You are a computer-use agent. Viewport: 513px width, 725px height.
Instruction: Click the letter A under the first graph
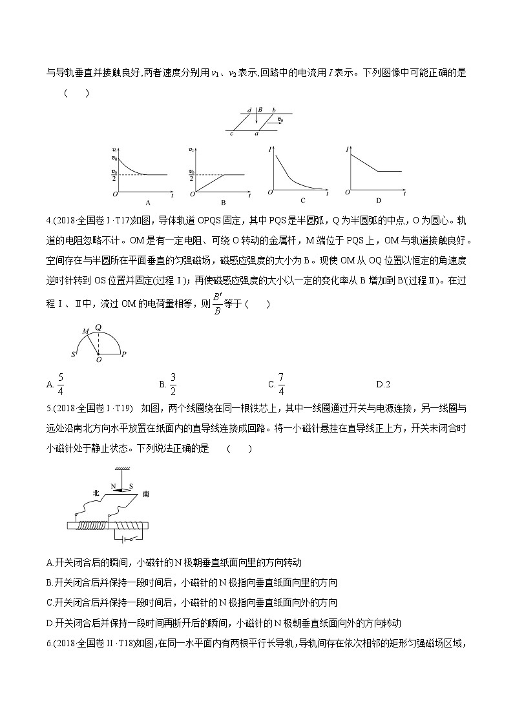click(x=148, y=201)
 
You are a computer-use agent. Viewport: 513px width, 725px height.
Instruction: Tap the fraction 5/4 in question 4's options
click(x=60, y=383)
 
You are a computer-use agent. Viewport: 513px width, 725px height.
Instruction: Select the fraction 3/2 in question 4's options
click(x=173, y=383)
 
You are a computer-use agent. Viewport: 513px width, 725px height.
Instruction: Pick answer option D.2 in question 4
click(x=383, y=385)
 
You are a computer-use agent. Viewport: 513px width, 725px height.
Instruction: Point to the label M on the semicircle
click(x=84, y=331)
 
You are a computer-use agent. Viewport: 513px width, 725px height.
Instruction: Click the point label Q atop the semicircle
click(x=98, y=327)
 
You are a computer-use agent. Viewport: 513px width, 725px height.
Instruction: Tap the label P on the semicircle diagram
click(x=123, y=354)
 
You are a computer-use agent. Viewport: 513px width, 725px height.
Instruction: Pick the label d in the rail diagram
click(x=249, y=110)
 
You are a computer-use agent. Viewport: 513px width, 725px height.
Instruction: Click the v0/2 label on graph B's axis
click(x=191, y=173)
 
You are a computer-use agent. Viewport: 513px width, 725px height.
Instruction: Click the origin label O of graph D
click(x=348, y=192)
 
